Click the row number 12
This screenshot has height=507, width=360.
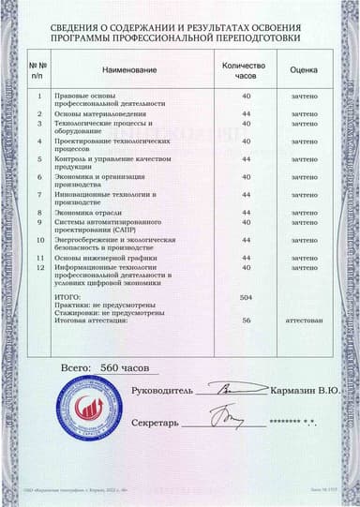click(x=39, y=267)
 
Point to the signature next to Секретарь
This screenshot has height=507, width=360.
click(x=225, y=416)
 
